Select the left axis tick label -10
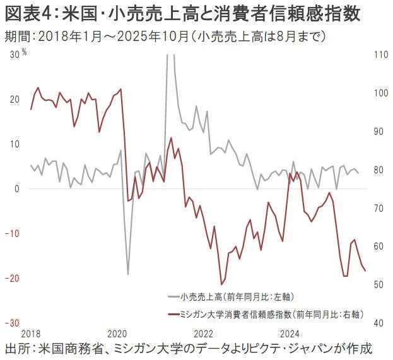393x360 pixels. point(11,233)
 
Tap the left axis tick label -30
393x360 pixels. point(11,322)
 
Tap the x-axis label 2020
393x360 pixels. point(117,333)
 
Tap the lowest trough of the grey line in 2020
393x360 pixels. point(127,274)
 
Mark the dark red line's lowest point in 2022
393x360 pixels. point(221,284)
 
